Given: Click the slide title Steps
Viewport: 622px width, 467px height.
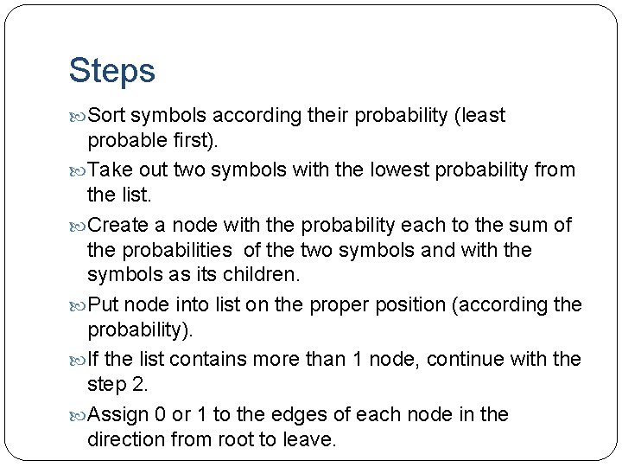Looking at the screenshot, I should [112, 71].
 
